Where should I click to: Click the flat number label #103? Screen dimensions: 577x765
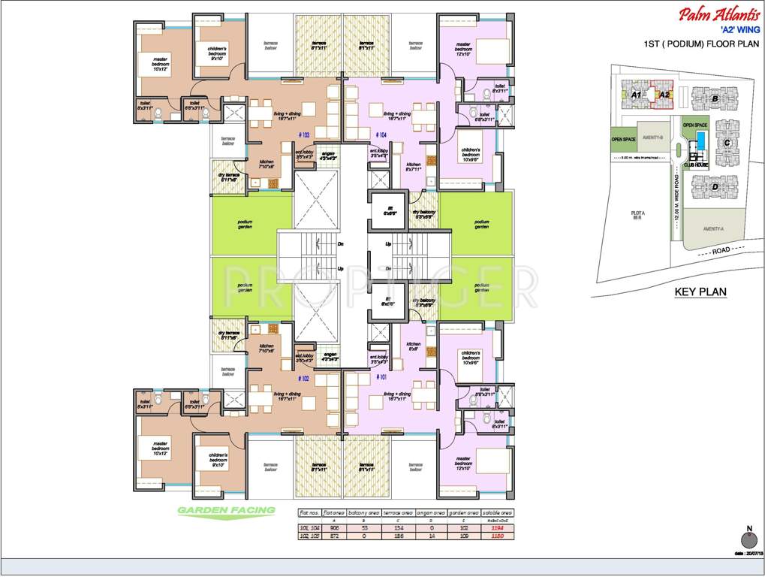click(x=305, y=135)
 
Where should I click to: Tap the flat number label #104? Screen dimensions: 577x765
click(x=383, y=135)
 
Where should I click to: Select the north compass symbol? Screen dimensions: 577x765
click(x=748, y=539)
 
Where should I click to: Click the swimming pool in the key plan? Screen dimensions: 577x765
click(x=701, y=140)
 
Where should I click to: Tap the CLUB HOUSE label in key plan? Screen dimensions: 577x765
click(x=696, y=165)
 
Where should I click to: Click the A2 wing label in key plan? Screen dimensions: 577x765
click(x=664, y=95)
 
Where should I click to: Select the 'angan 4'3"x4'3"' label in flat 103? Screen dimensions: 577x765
click(x=327, y=156)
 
